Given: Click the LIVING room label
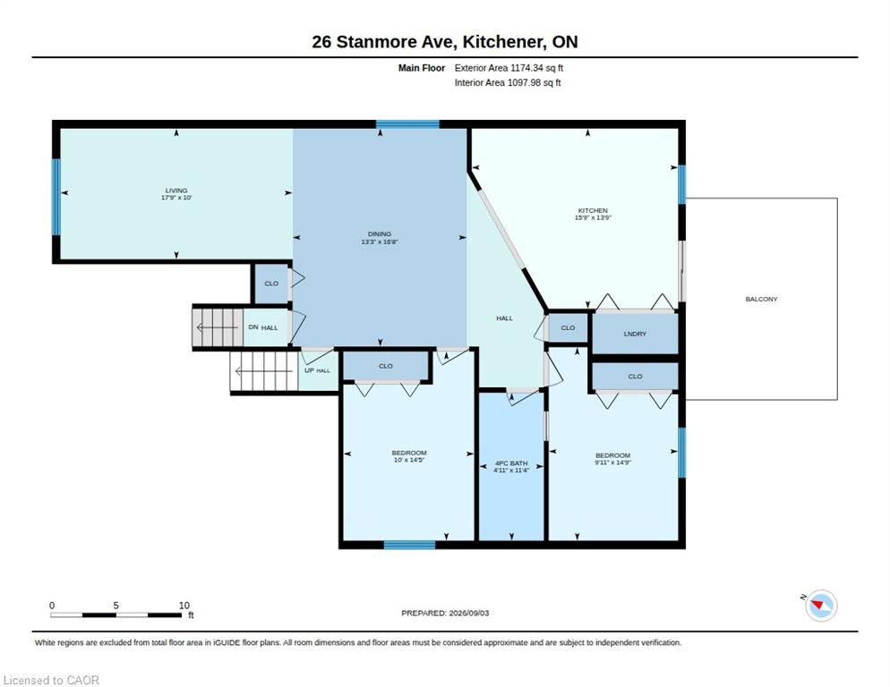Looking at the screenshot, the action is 176,191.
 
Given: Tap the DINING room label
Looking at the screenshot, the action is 379,233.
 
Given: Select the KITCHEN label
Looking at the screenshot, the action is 593,210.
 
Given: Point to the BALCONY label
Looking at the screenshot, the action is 761,299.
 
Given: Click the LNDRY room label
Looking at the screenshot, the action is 635,335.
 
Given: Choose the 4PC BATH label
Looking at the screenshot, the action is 511,463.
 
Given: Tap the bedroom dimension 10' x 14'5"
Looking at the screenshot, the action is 409,460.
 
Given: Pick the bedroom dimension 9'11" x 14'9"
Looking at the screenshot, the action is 613,462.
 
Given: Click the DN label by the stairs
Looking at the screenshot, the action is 253,327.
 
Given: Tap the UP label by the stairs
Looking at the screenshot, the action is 309,370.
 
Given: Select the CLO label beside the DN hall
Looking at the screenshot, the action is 271,284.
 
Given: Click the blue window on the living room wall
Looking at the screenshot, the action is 56,197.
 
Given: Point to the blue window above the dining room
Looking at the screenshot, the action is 407,124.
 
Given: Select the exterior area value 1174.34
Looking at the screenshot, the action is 527,68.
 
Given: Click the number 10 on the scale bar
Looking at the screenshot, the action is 184,606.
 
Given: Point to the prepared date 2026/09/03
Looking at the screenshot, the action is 469,614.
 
